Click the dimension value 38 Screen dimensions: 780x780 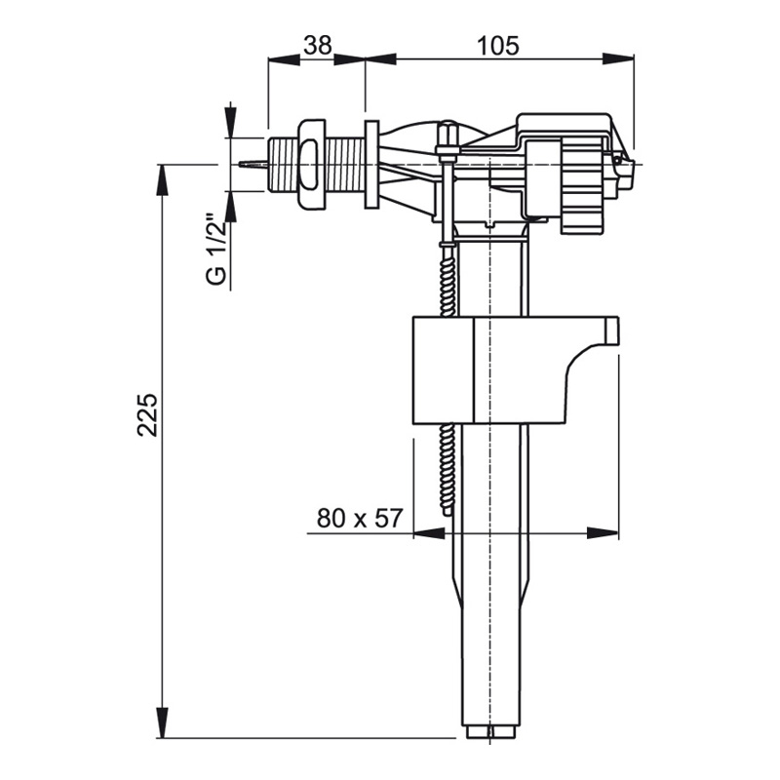coord(318,45)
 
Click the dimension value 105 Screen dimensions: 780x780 coord(497,45)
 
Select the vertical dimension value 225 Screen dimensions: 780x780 coord(147,415)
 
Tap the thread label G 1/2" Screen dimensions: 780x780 coord(216,250)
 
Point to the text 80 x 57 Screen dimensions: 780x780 coord(359,519)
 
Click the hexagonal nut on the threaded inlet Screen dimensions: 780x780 coord(311,164)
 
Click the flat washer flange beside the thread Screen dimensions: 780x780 coord(371,164)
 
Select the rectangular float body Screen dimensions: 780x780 coord(516,370)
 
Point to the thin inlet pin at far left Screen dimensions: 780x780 coord(253,164)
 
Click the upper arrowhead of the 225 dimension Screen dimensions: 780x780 coord(162,181)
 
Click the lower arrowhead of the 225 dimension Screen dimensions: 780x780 coord(162,722)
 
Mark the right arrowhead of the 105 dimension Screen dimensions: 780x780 coord(618,58)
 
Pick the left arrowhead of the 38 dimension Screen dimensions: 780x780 coord(284,58)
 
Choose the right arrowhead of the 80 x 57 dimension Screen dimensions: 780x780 coord(603,533)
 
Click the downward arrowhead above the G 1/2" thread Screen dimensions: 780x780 coord(230,119)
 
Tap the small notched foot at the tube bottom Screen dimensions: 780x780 coord(490,733)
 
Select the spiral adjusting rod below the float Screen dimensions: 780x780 coord(448,469)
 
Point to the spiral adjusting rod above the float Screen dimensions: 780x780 coord(448,279)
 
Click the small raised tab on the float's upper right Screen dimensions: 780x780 coord(611,331)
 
